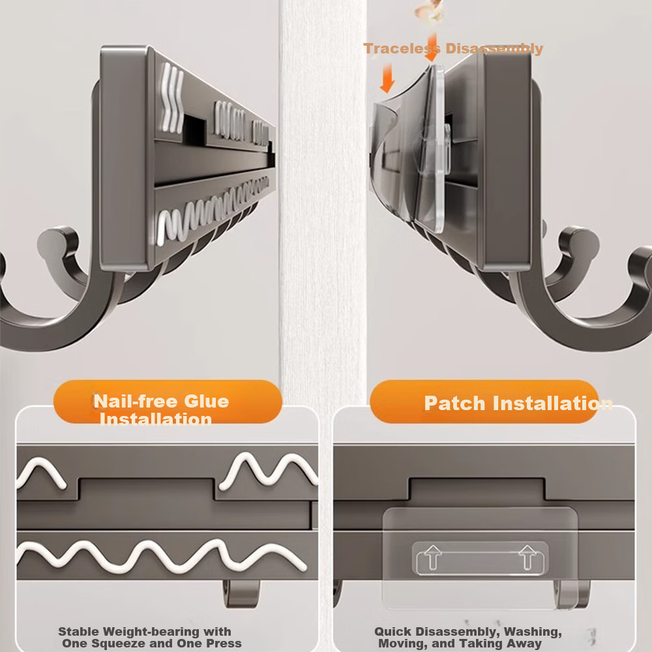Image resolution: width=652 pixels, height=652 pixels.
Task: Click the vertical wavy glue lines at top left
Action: [172, 98]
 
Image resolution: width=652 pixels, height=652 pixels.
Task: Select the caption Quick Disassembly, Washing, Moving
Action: [467, 637]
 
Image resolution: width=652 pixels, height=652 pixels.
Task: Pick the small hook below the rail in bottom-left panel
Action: [238, 593]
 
